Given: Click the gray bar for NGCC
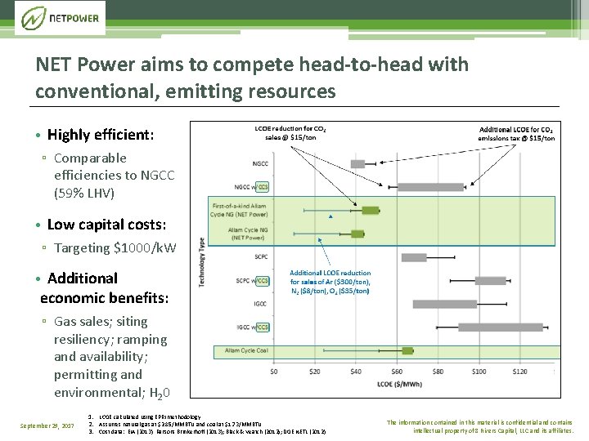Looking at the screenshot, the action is click(357, 164).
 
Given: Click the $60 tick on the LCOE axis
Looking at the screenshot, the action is click(397, 372).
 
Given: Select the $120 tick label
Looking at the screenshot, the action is click(519, 372).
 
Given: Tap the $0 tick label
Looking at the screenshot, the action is click(274, 372).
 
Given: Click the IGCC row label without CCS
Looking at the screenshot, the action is click(260, 303).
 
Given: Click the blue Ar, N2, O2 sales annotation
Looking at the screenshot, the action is click(330, 282).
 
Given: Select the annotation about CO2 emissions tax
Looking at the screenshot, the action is click(516, 134).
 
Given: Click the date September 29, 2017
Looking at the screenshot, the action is click(47, 425).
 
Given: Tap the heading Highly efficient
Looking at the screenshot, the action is click(100, 135).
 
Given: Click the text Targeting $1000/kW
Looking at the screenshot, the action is click(115, 247).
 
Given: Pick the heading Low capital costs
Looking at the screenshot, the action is click(106, 225).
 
